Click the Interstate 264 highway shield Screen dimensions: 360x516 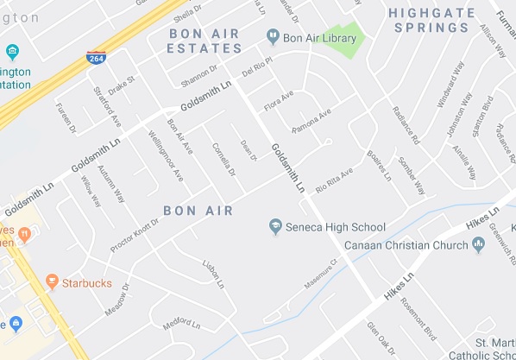(98, 58)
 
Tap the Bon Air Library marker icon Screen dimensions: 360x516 (274, 36)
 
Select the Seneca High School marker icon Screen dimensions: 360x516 (276, 226)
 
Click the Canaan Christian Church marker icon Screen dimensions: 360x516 (480, 245)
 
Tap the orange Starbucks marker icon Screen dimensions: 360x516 (52, 281)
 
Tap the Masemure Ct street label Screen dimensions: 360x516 (320, 273)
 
